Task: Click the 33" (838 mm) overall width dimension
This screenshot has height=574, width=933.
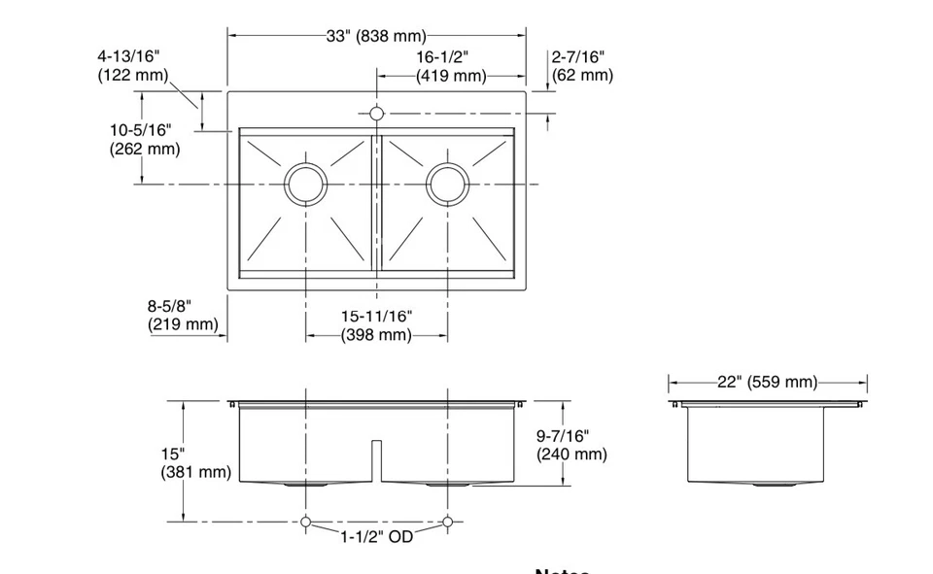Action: click(x=376, y=37)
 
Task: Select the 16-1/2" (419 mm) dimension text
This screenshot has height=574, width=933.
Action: click(x=451, y=67)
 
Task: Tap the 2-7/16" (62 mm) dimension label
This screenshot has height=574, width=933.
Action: click(x=582, y=66)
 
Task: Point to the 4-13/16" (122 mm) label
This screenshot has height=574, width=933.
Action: click(x=133, y=66)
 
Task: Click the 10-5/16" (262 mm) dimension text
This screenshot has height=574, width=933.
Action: click(x=145, y=139)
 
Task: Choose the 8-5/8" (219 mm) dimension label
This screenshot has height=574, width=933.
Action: click(x=183, y=316)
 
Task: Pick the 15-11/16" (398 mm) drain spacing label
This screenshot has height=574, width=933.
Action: click(x=376, y=325)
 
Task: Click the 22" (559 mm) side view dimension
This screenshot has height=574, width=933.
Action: click(x=767, y=383)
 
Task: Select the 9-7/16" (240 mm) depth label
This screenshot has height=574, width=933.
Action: click(x=571, y=446)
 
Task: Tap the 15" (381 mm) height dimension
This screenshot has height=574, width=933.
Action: click(x=195, y=463)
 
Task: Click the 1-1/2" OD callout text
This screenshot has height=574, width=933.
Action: click(x=376, y=536)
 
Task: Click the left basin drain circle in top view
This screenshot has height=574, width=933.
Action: click(x=306, y=184)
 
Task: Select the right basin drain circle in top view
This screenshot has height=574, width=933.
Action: click(x=448, y=184)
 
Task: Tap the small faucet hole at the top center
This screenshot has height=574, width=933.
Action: click(x=377, y=114)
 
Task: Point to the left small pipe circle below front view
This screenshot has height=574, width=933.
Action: click(x=306, y=523)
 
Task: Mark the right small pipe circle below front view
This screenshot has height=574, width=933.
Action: click(x=448, y=523)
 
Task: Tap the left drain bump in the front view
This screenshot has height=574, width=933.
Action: click(x=306, y=483)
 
